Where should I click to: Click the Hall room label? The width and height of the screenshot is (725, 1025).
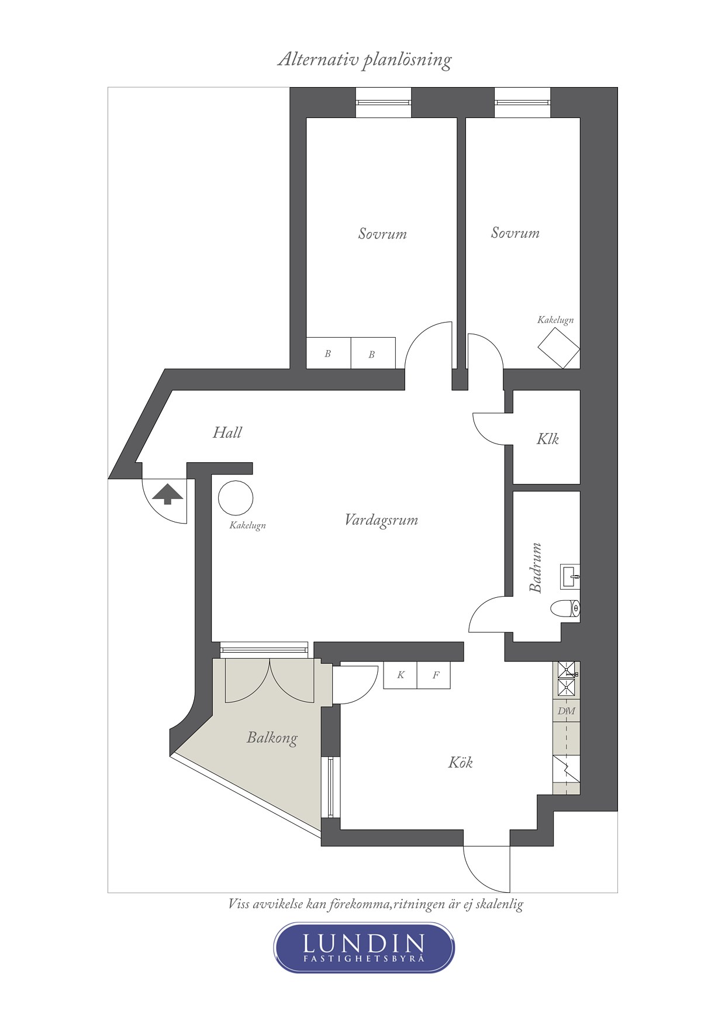[x=227, y=432]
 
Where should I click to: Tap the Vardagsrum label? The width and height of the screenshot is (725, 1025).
[x=381, y=520]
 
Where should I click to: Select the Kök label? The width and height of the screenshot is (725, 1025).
[x=460, y=762]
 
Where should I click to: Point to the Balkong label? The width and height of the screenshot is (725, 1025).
[x=272, y=738]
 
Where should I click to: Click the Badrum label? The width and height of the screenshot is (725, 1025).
[x=536, y=567]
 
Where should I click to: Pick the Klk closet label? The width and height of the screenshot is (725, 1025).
[x=547, y=439]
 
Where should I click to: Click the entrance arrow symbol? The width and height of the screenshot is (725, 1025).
[x=167, y=494]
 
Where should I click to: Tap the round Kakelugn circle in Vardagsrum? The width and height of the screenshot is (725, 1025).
[x=236, y=498]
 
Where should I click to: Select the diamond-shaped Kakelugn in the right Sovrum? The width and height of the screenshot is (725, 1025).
[x=559, y=348]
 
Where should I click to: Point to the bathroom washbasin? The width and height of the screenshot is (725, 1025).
[x=570, y=576]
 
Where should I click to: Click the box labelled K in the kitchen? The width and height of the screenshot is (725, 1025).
[x=401, y=676]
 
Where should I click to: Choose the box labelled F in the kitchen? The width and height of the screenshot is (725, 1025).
[x=434, y=676]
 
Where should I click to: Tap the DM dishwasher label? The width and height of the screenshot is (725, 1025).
[x=566, y=711]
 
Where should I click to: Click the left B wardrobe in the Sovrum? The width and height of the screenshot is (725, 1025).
[x=329, y=353]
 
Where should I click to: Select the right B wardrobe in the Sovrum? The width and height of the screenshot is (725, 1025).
[x=373, y=353]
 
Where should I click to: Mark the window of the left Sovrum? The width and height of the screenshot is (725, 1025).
[x=384, y=102]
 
